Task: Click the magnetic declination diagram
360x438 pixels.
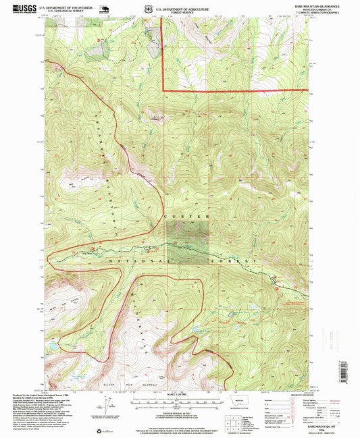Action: click(x=106, y=407)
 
